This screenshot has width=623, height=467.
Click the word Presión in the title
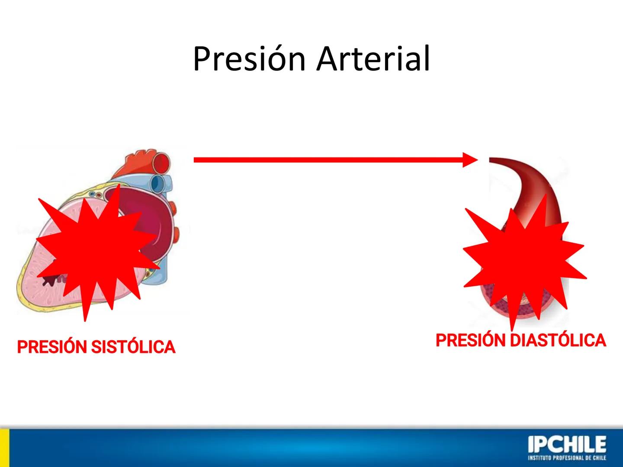coord(249,59)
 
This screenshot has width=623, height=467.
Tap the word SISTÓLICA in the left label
coord(134,347)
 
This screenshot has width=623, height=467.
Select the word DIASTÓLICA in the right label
coord(558,341)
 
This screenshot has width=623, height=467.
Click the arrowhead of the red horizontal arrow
coord(469,160)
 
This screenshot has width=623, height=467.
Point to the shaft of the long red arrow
coord(329,160)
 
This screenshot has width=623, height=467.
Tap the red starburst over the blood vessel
coord(523,259)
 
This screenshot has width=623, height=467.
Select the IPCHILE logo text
coord(567,445)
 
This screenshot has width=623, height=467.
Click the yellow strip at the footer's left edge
coord(4,448)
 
